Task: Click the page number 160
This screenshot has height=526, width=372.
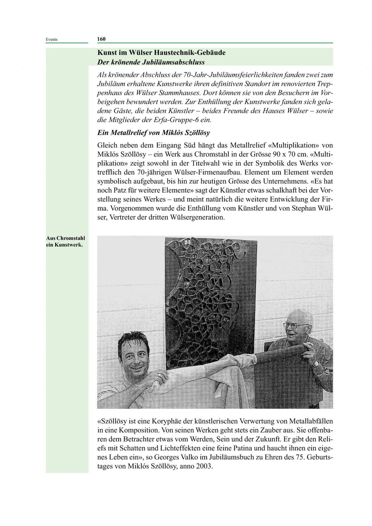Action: click(x=101, y=39)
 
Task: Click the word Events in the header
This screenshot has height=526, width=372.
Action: click(x=51, y=40)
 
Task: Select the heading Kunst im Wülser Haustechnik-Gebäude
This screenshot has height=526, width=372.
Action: click(x=161, y=53)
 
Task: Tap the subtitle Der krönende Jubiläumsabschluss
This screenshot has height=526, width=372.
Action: click(x=151, y=62)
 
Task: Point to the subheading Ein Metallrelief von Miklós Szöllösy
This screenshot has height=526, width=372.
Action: click(x=153, y=133)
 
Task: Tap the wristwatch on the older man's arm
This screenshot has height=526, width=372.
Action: click(x=316, y=364)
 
